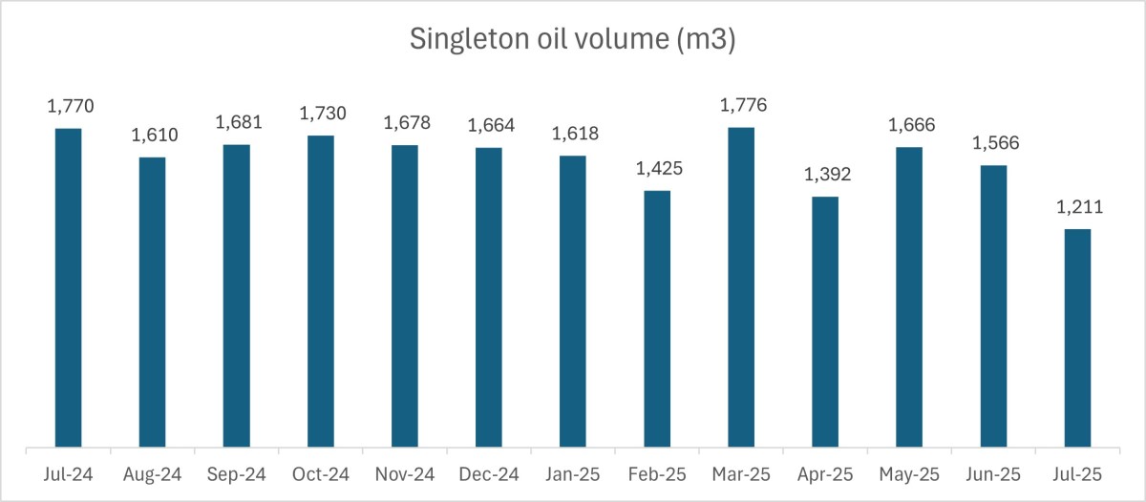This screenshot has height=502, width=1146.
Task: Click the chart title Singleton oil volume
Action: click(x=572, y=39)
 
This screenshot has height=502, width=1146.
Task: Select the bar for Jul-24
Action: click(x=68, y=286)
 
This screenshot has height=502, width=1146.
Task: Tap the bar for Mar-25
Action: click(x=741, y=286)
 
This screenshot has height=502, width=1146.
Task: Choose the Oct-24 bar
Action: click(x=321, y=290)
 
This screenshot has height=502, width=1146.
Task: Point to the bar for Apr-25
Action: click(x=825, y=321)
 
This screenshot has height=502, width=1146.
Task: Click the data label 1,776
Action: click(x=741, y=105)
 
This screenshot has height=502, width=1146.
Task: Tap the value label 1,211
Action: click(x=1077, y=207)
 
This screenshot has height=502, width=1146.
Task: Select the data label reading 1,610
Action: click(x=152, y=135)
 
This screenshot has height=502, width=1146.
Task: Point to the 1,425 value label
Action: click(x=657, y=169)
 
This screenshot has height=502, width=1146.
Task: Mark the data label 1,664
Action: click(x=489, y=125)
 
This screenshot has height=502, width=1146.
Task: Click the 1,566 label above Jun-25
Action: click(x=993, y=143)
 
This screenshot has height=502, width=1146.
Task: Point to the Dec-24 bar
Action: click(x=489, y=296)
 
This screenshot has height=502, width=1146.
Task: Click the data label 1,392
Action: click(x=825, y=175)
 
